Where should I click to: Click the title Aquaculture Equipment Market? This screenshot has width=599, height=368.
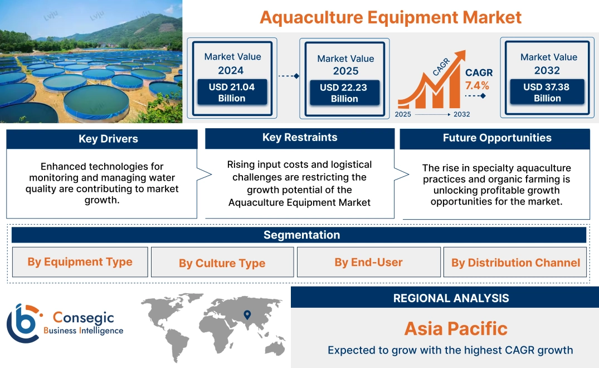point(391,17)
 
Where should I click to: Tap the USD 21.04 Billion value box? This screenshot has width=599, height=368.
point(232,93)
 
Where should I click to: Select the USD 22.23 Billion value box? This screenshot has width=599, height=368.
point(344,93)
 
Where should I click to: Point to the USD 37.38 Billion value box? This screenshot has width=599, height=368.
point(547,93)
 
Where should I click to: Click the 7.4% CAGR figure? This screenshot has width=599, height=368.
point(477,85)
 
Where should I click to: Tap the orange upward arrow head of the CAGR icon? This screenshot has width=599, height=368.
point(460,55)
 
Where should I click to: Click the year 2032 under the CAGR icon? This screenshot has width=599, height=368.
point(461,114)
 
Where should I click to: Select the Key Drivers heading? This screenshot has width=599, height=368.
point(108,139)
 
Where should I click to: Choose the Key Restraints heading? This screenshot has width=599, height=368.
point(300,138)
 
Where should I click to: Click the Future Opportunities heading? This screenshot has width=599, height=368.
point(497,138)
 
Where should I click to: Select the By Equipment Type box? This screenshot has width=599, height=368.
point(80,262)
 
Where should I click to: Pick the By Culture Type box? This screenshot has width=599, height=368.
point(222,263)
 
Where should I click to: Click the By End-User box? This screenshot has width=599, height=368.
point(368,262)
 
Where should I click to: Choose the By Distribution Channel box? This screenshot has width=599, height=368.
point(515,263)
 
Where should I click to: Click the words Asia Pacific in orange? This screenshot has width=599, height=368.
point(456,328)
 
